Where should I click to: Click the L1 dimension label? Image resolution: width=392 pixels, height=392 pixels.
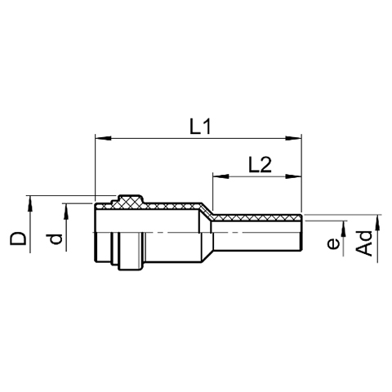tap(200, 127)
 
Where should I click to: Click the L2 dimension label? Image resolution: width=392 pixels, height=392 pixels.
tap(260, 165)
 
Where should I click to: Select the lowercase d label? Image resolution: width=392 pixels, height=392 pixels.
tap(56, 238)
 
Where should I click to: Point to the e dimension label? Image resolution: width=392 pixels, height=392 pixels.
tap(333, 243)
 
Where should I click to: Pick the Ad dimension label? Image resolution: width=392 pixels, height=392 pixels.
tap(364, 243)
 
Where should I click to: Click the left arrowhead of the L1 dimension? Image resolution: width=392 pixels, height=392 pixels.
tap(103, 138)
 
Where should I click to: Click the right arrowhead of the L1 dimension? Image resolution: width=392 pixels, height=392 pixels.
tap(293, 138)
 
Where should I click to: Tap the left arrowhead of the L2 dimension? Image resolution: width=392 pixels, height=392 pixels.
tap(220, 176)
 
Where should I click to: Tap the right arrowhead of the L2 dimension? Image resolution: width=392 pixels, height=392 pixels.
tap(293, 176)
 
